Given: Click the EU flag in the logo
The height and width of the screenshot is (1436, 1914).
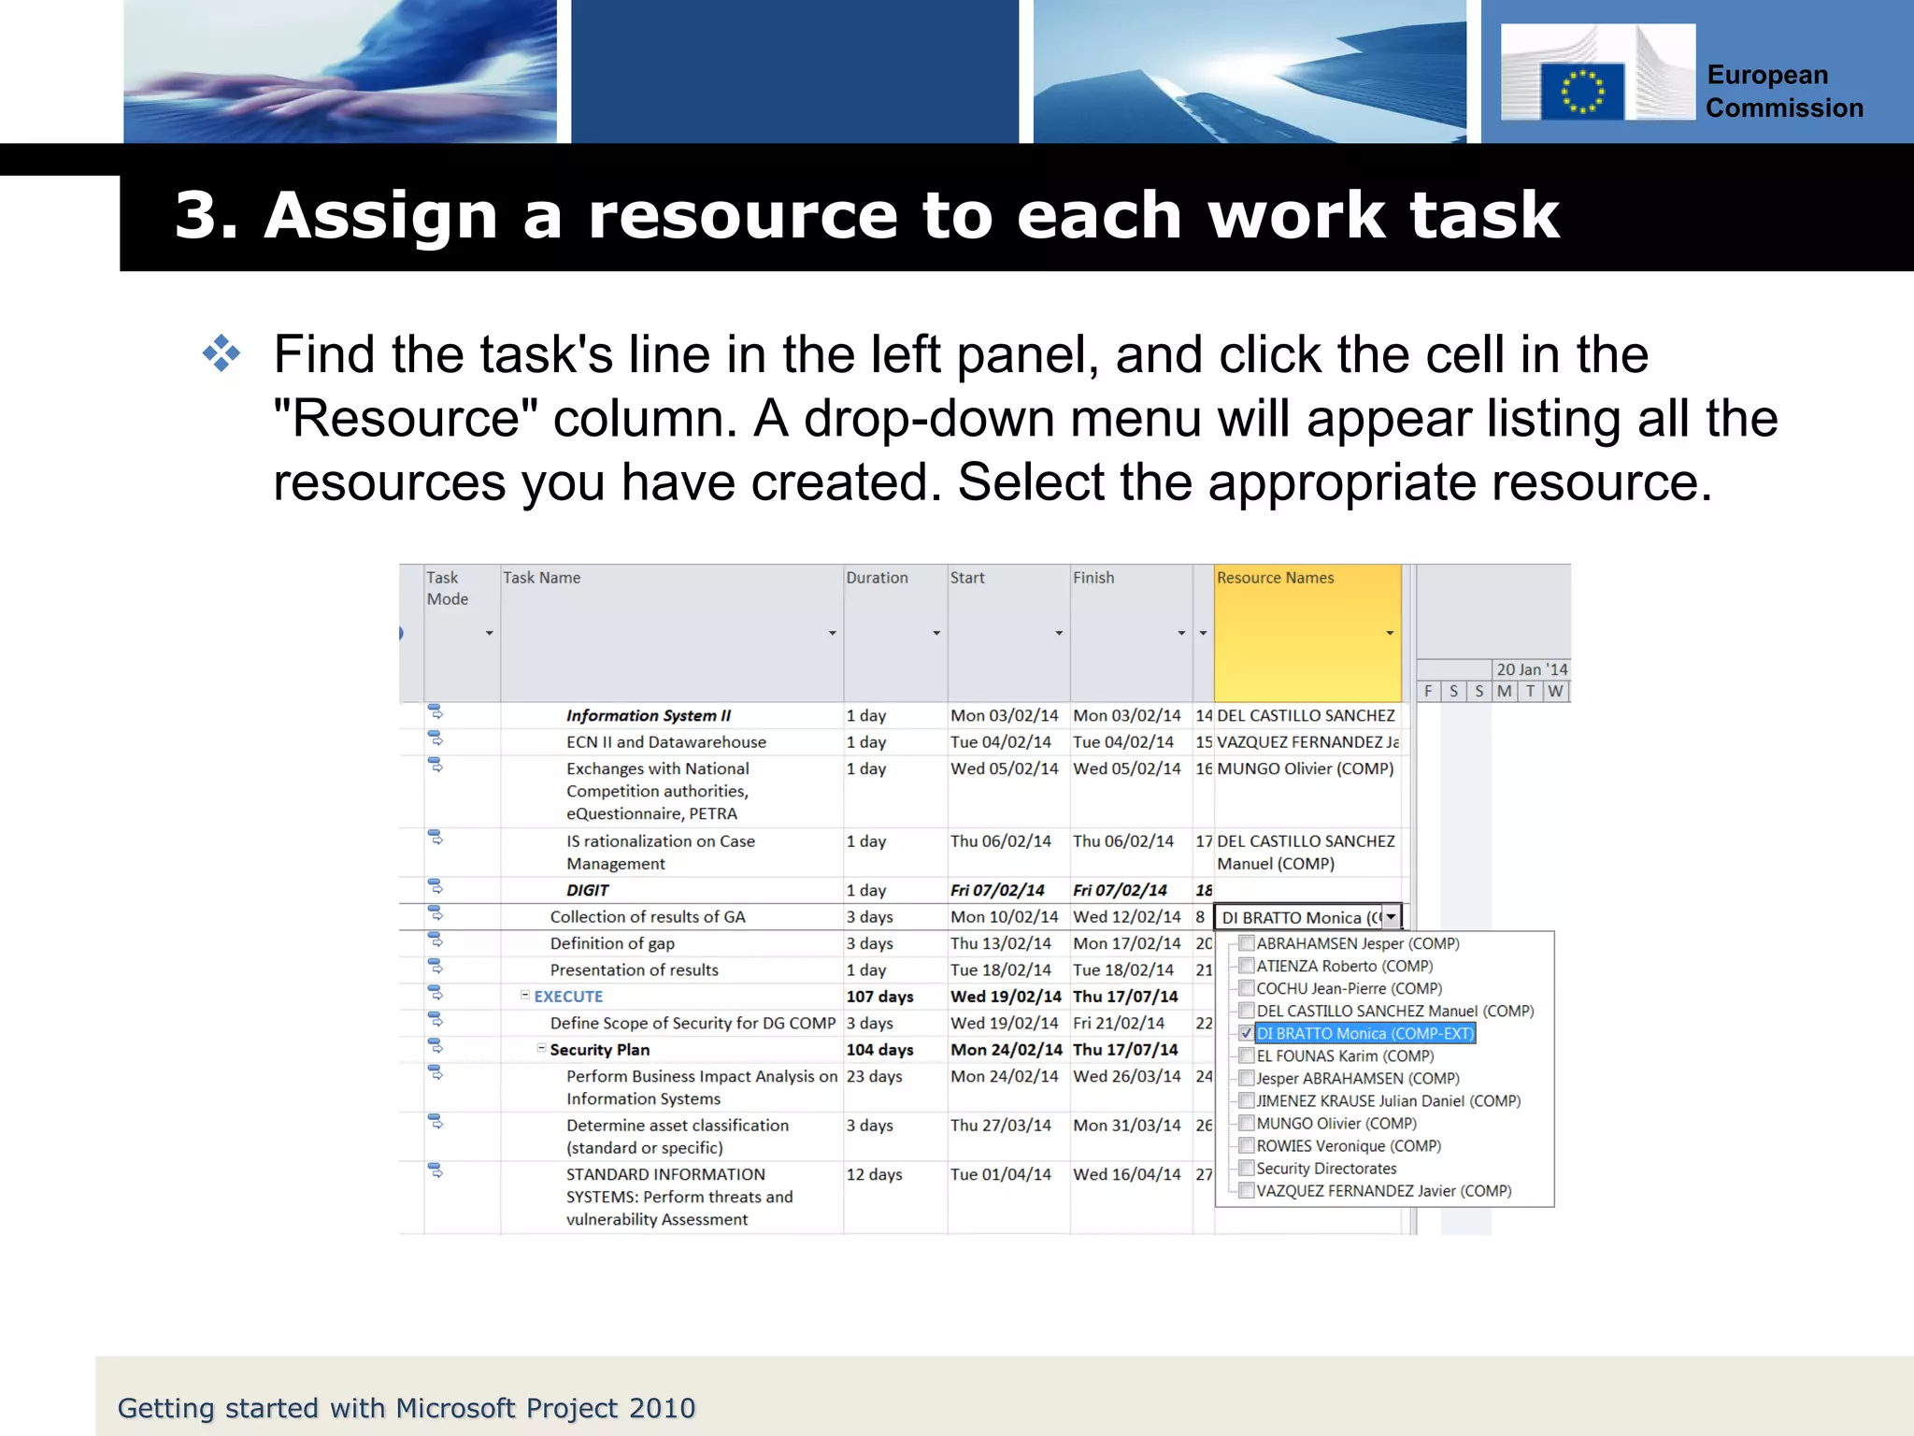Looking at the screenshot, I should (x=1582, y=92).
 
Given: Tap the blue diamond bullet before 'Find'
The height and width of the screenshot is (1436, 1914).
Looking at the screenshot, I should (x=221, y=354).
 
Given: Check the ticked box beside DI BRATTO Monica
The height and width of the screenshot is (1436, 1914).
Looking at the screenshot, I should (x=1246, y=1033).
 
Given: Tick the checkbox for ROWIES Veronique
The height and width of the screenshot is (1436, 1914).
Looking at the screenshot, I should (x=1246, y=1145).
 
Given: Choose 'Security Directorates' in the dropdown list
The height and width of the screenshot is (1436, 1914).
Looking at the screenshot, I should (x=1326, y=1169).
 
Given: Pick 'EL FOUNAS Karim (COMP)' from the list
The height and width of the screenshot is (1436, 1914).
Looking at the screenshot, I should (x=1344, y=1055).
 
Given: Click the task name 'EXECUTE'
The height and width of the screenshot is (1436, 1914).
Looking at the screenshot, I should (x=568, y=997).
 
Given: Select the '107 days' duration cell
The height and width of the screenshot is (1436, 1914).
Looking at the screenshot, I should (x=879, y=997).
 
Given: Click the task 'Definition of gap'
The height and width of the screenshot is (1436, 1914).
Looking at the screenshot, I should (x=612, y=943).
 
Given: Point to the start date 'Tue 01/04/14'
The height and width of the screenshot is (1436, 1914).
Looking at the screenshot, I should (x=1000, y=1174).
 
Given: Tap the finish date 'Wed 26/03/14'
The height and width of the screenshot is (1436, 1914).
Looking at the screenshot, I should (x=1126, y=1077).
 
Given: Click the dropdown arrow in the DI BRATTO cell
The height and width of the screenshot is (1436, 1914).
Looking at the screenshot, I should (x=1392, y=917).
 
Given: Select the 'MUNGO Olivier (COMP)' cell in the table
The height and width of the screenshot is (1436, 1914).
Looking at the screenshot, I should (x=1305, y=768).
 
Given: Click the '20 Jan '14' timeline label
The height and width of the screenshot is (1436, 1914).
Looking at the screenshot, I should (x=1531, y=669).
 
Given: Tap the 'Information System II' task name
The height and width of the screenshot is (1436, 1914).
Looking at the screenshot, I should (x=649, y=715).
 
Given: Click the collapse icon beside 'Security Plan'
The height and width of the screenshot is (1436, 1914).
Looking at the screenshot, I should (x=541, y=1048).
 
